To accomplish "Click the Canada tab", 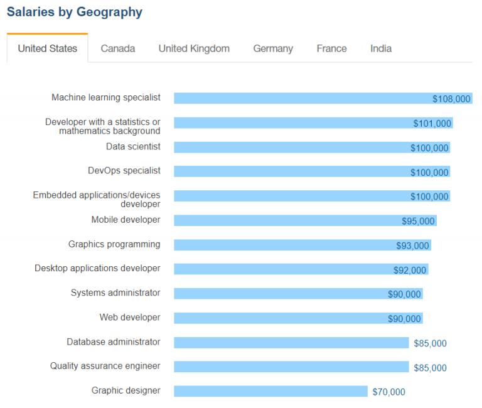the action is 118,48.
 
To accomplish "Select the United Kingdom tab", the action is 194,48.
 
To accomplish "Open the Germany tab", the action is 273,49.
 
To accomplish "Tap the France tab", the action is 331,48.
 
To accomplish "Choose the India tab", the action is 381,48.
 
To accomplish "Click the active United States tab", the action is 47,48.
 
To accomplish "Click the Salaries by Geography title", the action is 75,13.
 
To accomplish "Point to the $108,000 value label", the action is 451,99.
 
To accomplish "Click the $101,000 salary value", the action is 432,123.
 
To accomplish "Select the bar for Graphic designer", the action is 270,391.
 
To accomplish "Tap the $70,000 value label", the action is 388,392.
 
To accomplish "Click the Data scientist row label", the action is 133,146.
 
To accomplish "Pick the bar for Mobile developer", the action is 305,220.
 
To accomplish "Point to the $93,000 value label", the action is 412,245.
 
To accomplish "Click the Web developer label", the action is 130,317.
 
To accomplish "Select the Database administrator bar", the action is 291,343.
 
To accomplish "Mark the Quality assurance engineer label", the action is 105,366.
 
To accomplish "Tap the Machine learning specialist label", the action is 105,97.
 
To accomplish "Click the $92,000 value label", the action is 410,270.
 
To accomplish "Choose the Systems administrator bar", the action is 298,294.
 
